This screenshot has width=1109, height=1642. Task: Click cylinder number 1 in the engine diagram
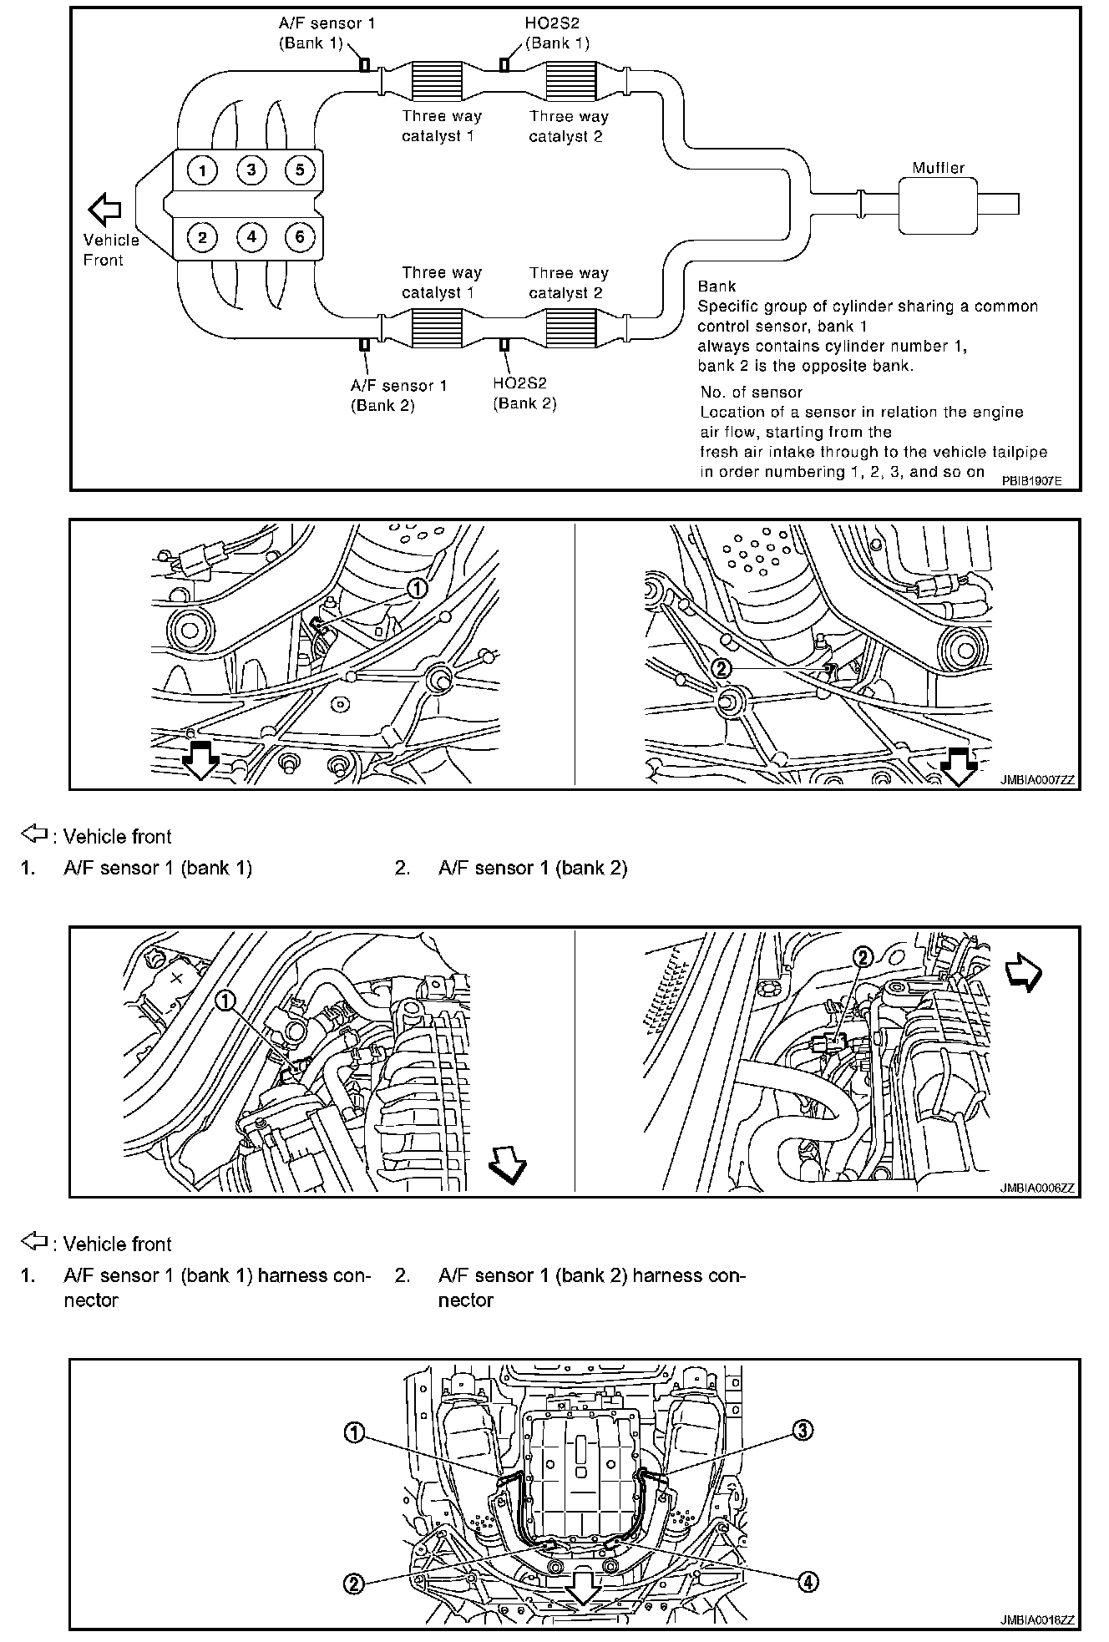201,171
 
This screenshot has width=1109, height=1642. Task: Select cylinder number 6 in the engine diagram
300,237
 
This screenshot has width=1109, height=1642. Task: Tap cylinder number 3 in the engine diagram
251,171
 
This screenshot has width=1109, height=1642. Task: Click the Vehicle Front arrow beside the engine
105,210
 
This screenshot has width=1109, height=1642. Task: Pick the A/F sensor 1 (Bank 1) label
327,33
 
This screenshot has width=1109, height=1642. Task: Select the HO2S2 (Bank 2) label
524,393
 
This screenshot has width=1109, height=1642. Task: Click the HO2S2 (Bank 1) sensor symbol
504,65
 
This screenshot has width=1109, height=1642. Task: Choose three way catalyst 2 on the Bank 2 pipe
570,327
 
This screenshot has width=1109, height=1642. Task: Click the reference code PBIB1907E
1031,481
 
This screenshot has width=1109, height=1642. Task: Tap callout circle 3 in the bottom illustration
802,1431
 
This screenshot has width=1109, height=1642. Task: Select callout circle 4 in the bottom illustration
808,1581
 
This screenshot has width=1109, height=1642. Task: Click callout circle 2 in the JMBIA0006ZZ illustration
863,957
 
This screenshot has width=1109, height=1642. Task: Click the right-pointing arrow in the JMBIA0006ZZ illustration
1023,973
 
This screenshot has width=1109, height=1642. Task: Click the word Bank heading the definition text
717,286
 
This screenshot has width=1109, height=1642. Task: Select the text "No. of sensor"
751,392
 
